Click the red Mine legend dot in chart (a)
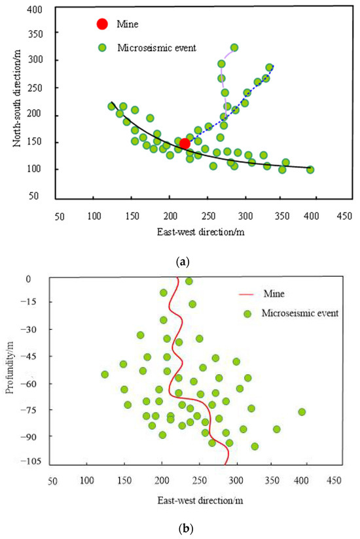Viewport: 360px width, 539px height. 102,24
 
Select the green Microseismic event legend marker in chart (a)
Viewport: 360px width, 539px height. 102,47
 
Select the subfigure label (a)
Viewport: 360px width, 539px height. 183,261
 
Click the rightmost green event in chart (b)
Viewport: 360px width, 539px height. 302,411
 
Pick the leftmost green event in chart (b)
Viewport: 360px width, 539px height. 105,374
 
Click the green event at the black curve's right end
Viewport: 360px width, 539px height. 310,169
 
